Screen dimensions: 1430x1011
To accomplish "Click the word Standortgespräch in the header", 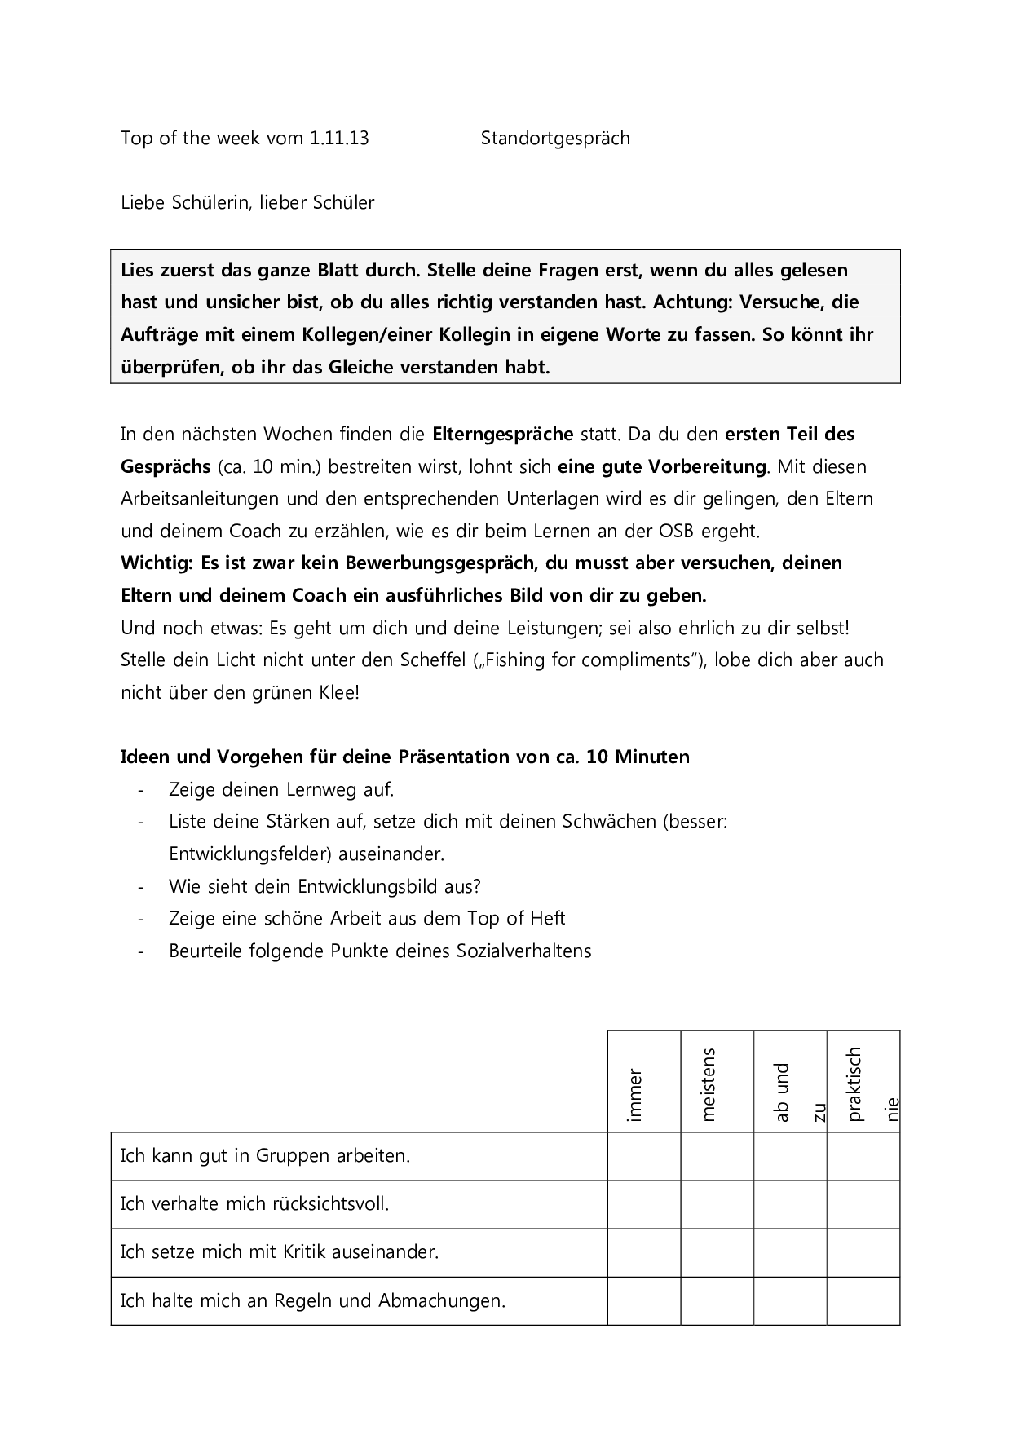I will [x=555, y=139].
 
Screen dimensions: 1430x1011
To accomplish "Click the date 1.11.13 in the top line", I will [x=339, y=138].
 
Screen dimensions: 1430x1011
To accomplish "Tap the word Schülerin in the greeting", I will [x=211, y=202].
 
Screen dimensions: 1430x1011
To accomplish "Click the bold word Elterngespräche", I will [x=503, y=434].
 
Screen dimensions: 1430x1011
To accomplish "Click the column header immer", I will [x=636, y=1096].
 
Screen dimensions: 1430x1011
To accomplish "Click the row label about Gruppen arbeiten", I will [x=266, y=1155].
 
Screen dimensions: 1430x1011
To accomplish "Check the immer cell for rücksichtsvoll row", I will [x=644, y=1204].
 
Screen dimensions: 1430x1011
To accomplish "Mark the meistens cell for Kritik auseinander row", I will [x=717, y=1252].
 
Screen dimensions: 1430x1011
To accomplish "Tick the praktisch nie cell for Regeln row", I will [x=863, y=1300].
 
